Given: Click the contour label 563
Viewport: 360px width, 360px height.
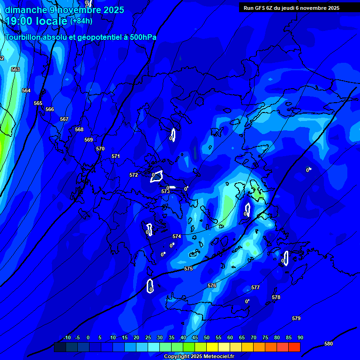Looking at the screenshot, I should pos(15,69).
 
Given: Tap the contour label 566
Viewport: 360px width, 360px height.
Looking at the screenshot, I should pos(50,109).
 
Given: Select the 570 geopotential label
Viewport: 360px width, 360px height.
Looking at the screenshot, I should pos(100,149).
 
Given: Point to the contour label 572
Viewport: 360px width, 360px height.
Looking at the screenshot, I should pos(134,175).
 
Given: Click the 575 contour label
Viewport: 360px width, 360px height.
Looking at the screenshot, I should pos(188,269).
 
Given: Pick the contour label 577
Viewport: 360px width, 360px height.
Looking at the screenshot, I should pos(255,287).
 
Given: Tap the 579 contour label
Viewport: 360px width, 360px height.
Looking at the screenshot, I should pos(296,318).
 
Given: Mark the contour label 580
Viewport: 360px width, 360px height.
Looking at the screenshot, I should pos(329,344).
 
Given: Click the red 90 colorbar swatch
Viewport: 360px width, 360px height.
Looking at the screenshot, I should pos(294,347).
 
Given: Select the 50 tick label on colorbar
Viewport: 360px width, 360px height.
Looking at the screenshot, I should pos(207,337).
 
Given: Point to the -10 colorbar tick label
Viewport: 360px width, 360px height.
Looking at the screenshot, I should pos(67,337).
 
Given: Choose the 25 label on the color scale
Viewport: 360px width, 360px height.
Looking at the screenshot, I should pos(148,337).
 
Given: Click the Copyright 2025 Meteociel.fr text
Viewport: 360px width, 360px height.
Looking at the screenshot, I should pos(199,357).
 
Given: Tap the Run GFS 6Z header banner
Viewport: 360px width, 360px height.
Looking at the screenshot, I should pos(292,8).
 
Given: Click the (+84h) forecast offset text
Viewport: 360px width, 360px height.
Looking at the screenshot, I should pos(81,21).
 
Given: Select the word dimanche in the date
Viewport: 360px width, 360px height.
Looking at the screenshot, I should pos(23,10).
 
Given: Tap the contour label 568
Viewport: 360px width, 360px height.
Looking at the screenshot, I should pos(79,129).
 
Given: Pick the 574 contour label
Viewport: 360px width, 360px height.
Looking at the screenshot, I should pos(177,237).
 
